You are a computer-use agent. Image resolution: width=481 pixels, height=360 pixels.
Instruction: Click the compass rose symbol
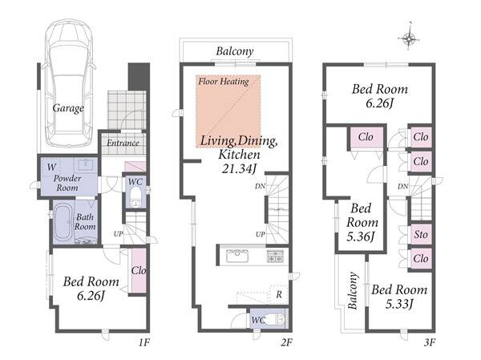pyautogui.click(x=409, y=38)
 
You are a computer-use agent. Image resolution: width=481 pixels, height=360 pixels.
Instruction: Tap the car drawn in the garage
pyautogui.click(x=69, y=83)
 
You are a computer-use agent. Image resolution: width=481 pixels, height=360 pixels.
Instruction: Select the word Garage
pyautogui.click(x=68, y=108)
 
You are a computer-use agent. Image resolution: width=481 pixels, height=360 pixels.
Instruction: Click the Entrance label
pyautogui.click(x=123, y=143)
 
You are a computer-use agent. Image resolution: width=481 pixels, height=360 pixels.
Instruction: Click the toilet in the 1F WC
pyautogui.click(x=135, y=196)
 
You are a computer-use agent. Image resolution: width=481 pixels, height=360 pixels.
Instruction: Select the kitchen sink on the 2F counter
pyautogui.click(x=237, y=256)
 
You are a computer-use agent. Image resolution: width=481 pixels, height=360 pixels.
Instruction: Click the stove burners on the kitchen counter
pyautogui.click(x=276, y=256)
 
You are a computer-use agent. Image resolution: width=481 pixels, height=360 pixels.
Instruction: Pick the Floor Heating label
pyautogui.click(x=224, y=81)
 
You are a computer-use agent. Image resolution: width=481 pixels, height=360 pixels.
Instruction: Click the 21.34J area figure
pyautogui.click(x=239, y=168)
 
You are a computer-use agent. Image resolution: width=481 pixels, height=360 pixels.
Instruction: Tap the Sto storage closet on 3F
pyautogui.click(x=421, y=234)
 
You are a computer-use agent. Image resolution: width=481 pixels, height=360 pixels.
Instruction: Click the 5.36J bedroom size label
pyautogui.click(x=361, y=237)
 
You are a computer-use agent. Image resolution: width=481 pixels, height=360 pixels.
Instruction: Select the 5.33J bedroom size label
pyautogui.click(x=399, y=304)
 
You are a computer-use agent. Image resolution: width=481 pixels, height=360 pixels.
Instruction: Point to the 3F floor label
pyautogui.click(x=430, y=342)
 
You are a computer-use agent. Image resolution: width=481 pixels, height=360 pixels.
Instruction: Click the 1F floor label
pyautogui.click(x=143, y=342)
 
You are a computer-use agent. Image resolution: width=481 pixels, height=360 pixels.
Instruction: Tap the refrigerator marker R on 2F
pyautogui.click(x=279, y=294)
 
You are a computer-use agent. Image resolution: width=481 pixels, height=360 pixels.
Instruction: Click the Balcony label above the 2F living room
pyautogui.click(x=235, y=51)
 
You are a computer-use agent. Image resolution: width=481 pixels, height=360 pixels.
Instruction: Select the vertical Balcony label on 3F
pyautogui.click(x=353, y=290)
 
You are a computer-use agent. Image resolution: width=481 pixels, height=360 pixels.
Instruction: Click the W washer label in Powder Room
pyautogui.click(x=51, y=167)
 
